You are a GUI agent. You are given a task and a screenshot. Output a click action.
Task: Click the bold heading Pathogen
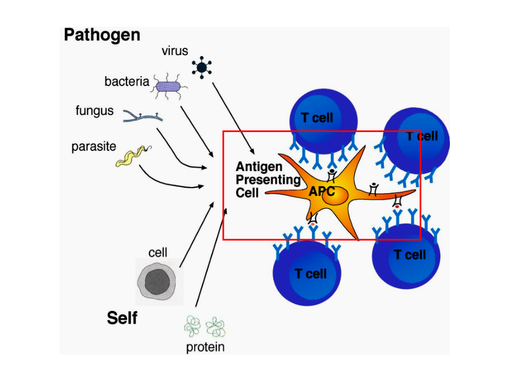tap(102, 36)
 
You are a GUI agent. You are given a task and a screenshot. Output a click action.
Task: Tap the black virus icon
tap(202, 67)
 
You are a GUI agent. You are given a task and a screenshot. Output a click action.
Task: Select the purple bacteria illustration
tap(168, 87)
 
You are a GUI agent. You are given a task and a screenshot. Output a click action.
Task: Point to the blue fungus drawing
tap(143, 117)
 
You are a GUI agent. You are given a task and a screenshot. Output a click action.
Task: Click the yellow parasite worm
tap(132, 157)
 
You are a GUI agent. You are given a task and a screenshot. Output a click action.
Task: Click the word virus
tap(174, 51)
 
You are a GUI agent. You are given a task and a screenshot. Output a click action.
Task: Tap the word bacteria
tap(127, 82)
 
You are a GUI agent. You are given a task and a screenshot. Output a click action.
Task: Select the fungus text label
tap(94, 111)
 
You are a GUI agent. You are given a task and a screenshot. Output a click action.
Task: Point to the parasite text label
tap(94, 147)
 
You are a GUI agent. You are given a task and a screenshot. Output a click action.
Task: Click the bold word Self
tap(122, 318)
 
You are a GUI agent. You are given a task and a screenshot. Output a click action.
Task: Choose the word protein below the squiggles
tap(206, 347)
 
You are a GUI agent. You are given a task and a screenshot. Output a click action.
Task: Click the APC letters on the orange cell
tap(322, 191)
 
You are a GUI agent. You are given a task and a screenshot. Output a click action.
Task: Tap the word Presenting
tap(268, 180)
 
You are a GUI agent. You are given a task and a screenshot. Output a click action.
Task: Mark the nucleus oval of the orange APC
tap(335, 196)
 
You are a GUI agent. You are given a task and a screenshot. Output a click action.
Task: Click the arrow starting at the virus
tap(233, 118)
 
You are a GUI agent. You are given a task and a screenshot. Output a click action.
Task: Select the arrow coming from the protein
tap(211, 258)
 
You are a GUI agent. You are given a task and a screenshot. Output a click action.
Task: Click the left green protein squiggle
tap(192, 326)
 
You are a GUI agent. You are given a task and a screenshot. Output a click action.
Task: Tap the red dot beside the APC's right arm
tap(397, 206)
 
